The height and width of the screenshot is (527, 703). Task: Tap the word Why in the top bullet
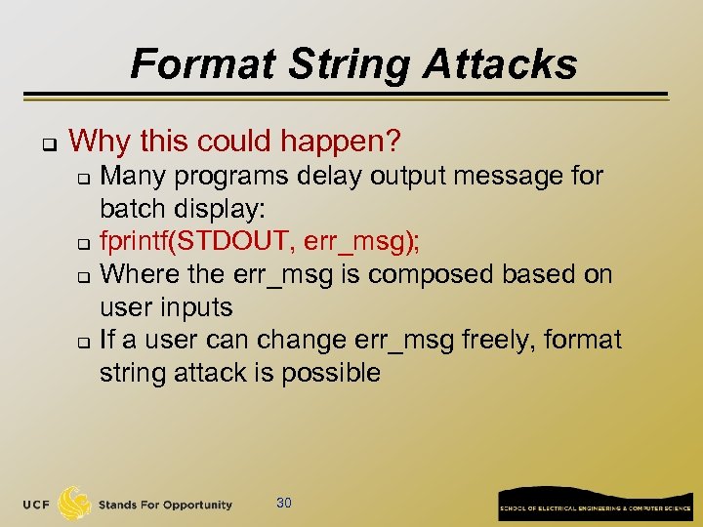coord(102,142)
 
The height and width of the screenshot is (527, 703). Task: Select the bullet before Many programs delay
coord(84,178)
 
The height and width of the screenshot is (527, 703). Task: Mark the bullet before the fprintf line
coord(84,243)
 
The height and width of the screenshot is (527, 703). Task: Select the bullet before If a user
coord(84,342)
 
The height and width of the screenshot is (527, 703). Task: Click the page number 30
coord(284,503)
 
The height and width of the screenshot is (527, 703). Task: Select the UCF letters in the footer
coord(37,505)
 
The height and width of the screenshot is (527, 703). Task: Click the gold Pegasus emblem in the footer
coord(75,503)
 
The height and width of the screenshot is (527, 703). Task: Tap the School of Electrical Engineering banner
coord(595,503)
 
